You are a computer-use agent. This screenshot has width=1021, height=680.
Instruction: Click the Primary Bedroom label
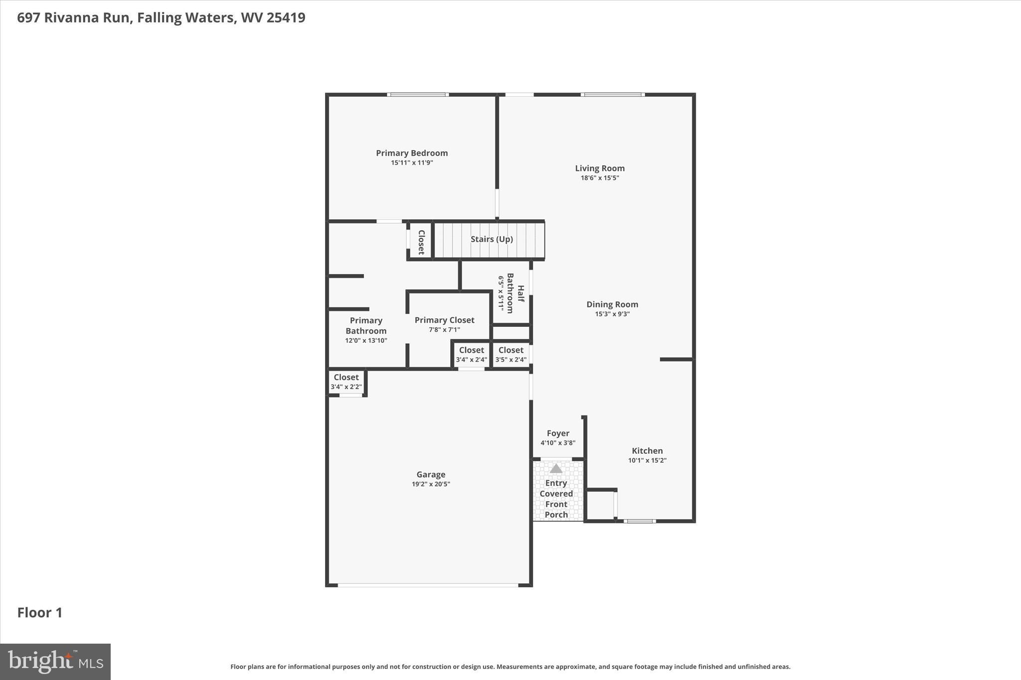(412, 153)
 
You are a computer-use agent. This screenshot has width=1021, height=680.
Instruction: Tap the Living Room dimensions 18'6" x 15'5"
(599, 178)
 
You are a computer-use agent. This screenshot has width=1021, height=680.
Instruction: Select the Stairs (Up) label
(492, 239)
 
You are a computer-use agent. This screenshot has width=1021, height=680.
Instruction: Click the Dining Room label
(612, 304)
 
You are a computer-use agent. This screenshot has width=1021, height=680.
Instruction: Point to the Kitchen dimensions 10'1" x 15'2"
(647, 460)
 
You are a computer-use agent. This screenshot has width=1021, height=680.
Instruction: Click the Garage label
(431, 474)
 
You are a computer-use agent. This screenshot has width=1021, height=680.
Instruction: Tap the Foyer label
(557, 433)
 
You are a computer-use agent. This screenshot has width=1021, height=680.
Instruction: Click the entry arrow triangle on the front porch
(556, 469)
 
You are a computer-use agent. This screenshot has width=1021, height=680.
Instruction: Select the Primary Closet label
(444, 320)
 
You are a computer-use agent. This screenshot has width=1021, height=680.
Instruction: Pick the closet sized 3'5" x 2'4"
(510, 354)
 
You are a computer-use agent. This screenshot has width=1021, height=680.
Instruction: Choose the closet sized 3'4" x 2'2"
(346, 382)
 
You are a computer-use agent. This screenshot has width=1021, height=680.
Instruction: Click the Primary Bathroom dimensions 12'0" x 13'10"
(366, 341)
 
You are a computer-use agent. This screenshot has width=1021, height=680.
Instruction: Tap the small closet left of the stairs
(421, 242)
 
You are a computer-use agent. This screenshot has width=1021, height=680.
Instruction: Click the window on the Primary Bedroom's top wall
(418, 95)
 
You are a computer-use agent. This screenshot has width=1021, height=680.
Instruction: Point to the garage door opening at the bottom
(428, 585)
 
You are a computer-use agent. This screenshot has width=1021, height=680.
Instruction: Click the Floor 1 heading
(40, 613)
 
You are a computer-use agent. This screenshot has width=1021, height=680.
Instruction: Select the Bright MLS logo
(55, 662)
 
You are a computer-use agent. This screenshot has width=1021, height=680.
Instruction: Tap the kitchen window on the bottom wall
(639, 521)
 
